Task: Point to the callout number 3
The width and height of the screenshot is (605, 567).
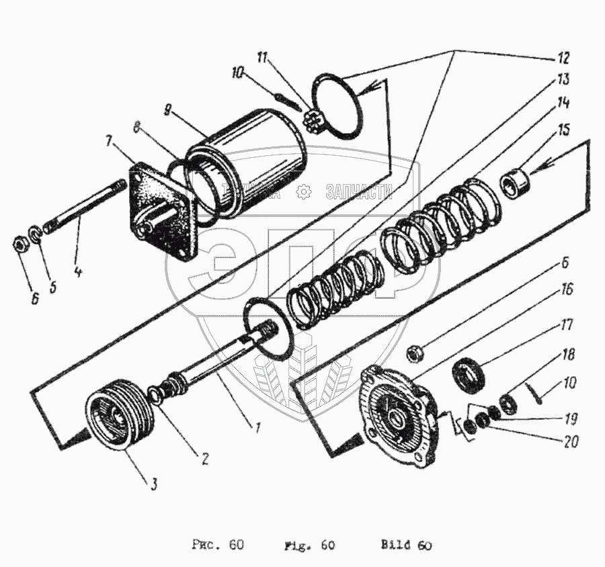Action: pos(154,483)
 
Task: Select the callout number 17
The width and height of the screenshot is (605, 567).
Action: pos(567,324)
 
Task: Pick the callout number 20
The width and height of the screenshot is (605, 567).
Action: pos(571,443)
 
